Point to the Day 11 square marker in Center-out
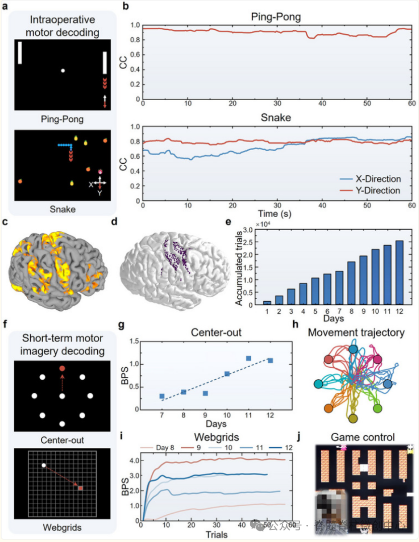click(x=248, y=359)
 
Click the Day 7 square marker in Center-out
click(x=162, y=396)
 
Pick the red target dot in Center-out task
click(x=62, y=369)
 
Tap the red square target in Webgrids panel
click(x=80, y=488)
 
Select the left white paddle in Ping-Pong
click(x=20, y=53)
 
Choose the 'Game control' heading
click(x=362, y=436)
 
